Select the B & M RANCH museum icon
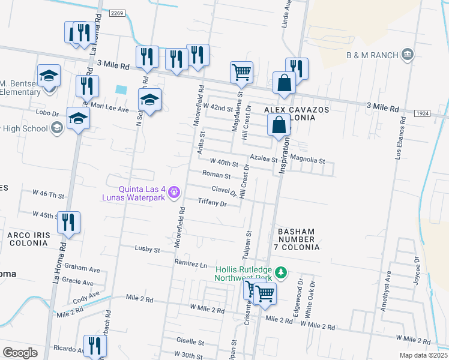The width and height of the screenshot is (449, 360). click(408, 55)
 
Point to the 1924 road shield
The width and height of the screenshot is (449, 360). click(422, 113)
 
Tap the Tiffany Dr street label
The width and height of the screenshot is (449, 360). click(212, 203)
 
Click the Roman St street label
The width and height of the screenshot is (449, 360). click(216, 175)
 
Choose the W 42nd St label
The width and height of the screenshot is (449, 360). click(217, 107)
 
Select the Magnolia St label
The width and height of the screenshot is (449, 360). click(307, 161)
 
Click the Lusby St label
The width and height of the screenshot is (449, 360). click(148, 248)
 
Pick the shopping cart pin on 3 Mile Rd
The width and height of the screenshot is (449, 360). click(241, 72)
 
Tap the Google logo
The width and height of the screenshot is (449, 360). click(20, 353)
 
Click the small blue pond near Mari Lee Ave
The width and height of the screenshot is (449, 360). click(121, 89)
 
